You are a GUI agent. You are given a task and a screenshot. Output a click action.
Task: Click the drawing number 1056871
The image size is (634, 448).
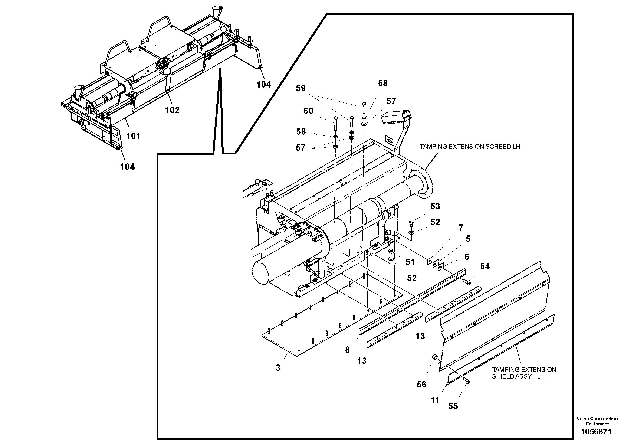click(x=597, y=431)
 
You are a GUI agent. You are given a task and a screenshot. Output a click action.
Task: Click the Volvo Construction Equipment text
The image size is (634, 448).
click(x=597, y=421)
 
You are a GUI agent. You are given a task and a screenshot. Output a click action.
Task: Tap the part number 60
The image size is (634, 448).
click(x=308, y=111)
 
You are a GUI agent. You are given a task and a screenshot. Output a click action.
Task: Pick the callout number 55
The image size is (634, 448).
click(x=453, y=406)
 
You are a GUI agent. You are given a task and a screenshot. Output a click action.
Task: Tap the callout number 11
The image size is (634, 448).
click(x=435, y=400)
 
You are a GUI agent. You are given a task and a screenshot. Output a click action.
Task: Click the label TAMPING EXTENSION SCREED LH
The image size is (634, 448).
click(x=470, y=147)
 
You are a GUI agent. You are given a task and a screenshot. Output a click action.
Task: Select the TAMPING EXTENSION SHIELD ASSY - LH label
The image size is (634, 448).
click(x=524, y=373)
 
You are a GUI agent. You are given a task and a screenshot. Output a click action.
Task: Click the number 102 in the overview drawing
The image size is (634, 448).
click(x=172, y=110)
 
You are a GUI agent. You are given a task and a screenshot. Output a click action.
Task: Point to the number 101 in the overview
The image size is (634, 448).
click(x=133, y=136)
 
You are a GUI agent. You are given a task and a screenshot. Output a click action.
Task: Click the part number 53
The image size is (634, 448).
click(x=435, y=206)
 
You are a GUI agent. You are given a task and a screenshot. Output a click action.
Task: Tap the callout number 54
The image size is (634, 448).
click(x=485, y=266)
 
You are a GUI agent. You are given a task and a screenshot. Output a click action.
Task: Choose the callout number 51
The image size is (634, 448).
click(x=410, y=262)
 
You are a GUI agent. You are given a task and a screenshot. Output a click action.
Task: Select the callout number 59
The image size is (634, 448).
click(x=300, y=88)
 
